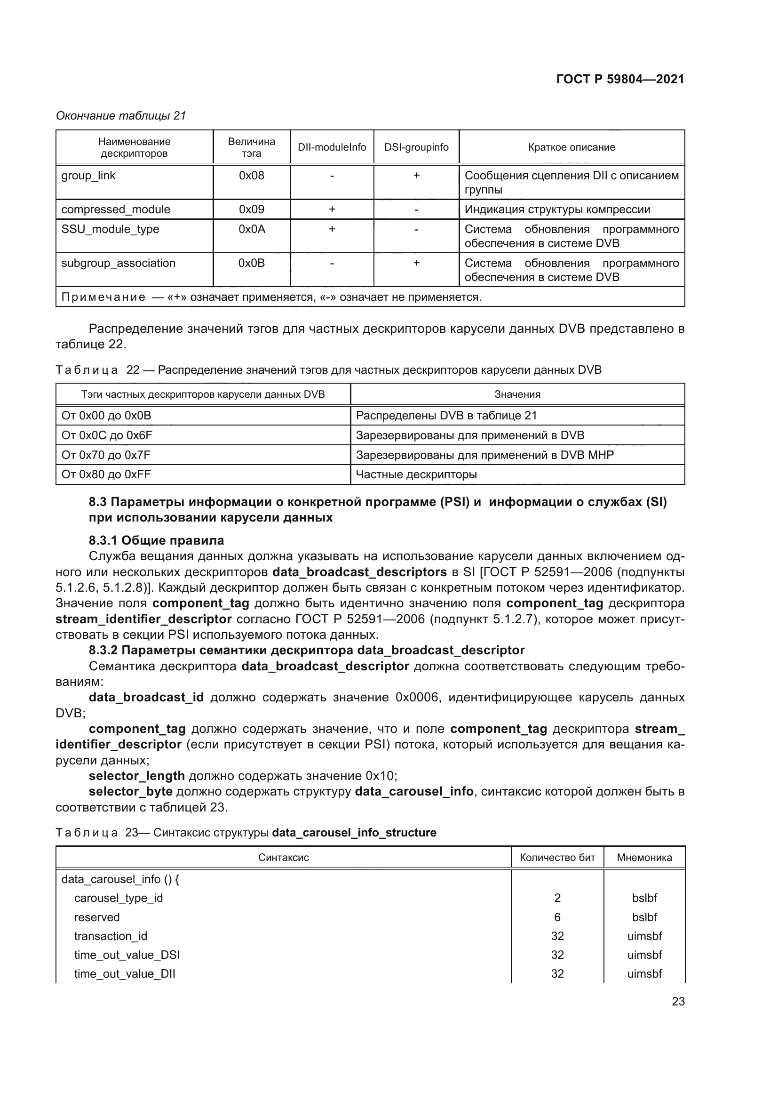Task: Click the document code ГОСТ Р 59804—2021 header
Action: tap(620, 79)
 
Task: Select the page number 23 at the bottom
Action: tap(678, 1001)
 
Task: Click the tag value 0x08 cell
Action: tap(252, 176)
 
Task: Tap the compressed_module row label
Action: tap(115, 209)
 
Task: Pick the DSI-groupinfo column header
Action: tap(416, 147)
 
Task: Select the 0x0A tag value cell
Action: tap(252, 229)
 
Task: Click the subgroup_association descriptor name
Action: tap(119, 263)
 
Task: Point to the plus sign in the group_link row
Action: tap(416, 176)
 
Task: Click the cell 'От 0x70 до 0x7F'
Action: tap(106, 455)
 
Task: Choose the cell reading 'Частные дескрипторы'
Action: tap(416, 474)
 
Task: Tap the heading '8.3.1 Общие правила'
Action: tap(156, 540)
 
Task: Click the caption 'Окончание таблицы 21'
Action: tap(121, 116)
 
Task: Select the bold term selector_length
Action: tap(136, 776)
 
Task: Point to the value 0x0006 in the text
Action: tap(416, 697)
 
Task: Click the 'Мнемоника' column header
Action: tap(644, 857)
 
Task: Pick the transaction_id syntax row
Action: tap(111, 936)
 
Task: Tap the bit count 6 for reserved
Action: tap(557, 917)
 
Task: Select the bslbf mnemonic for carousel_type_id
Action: tap(644, 898)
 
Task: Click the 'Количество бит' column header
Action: tap(557, 857)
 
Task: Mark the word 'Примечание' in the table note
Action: tap(103, 297)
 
